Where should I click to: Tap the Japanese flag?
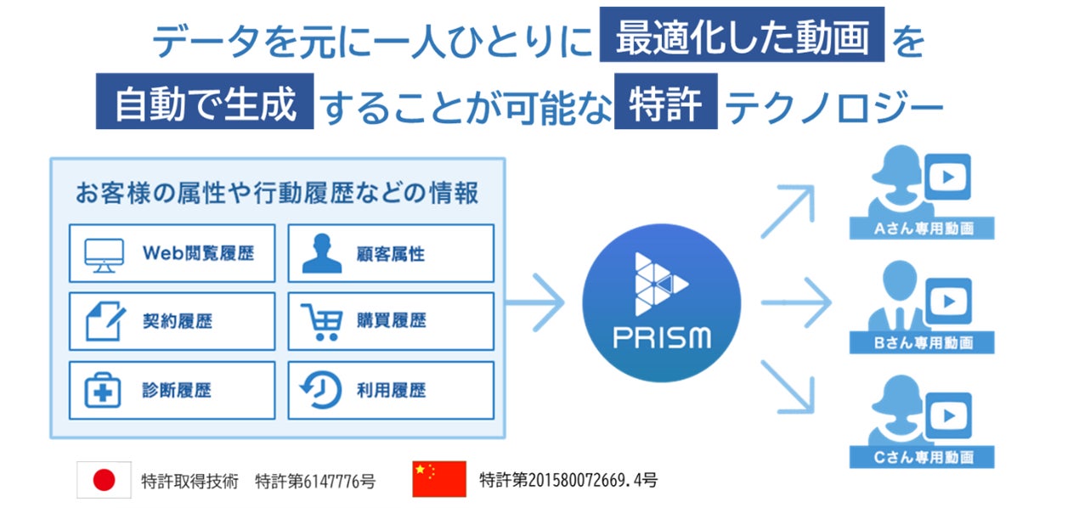104,481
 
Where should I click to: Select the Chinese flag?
438,479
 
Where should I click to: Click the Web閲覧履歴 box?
172,253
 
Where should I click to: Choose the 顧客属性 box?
391,253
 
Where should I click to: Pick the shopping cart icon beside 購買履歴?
320,321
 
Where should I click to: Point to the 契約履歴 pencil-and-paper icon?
105,321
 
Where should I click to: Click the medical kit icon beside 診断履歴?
105,391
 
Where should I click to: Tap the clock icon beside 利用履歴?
320,391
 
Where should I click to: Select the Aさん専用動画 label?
923,229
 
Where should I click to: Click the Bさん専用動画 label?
923,343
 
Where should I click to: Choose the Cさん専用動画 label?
923,458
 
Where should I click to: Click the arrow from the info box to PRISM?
537,302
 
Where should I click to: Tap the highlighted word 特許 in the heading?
666,103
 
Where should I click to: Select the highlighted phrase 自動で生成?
205,103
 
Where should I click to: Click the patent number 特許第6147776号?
315,481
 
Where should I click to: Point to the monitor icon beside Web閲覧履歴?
105,253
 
